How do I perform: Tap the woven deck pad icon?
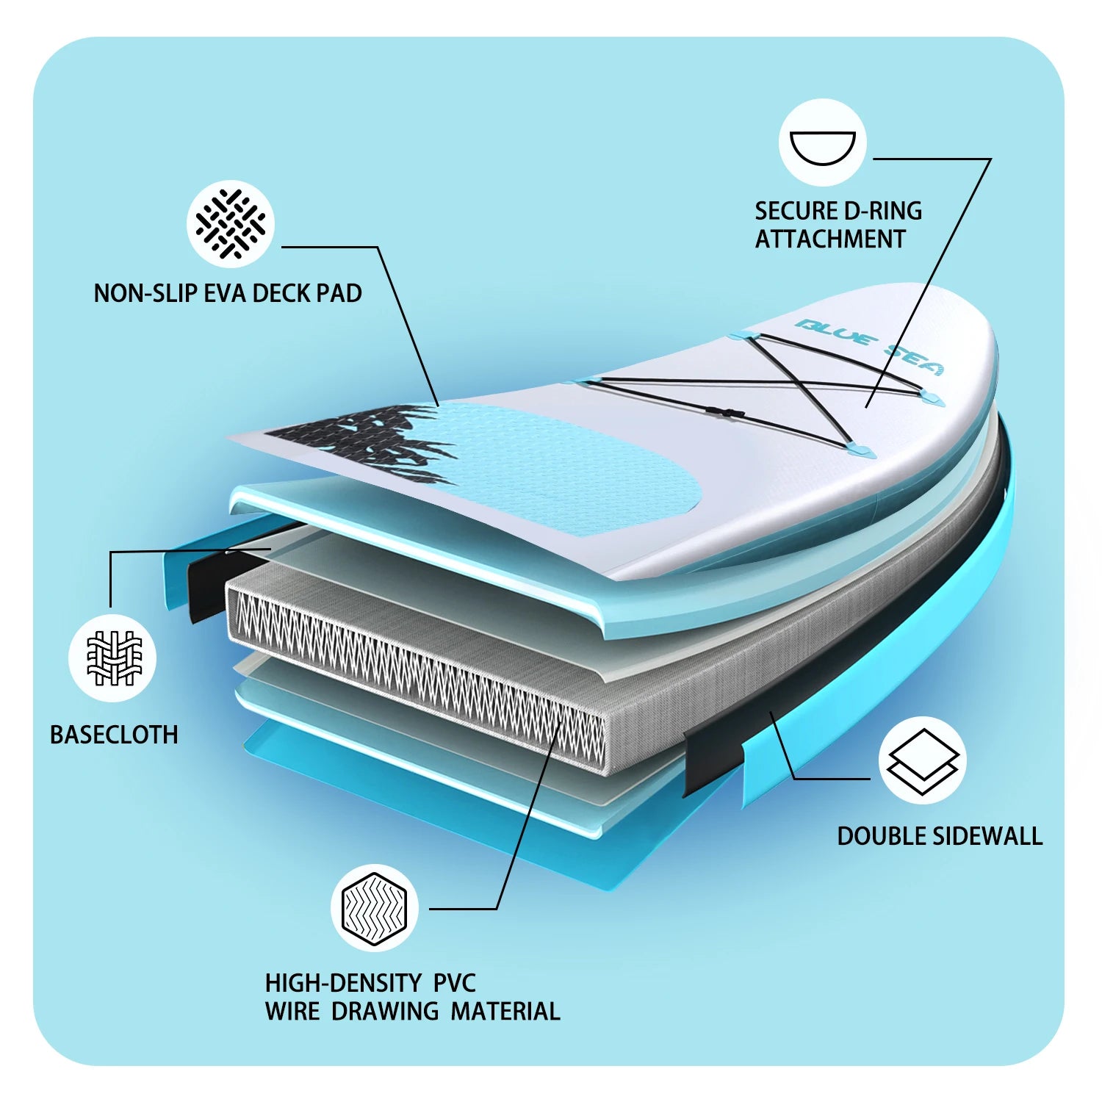click(x=231, y=223)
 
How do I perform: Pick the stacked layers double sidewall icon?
click(x=923, y=761)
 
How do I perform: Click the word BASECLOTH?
click(x=114, y=735)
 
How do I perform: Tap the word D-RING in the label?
click(x=883, y=211)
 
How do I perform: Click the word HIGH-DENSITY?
click(x=344, y=983)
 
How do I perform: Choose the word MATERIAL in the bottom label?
click(x=505, y=1011)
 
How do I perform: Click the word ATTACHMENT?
click(x=830, y=239)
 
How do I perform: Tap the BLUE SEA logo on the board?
click(x=871, y=345)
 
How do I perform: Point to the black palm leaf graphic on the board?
click(x=360, y=441)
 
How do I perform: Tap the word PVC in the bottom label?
click(x=454, y=983)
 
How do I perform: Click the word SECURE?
click(x=796, y=211)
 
